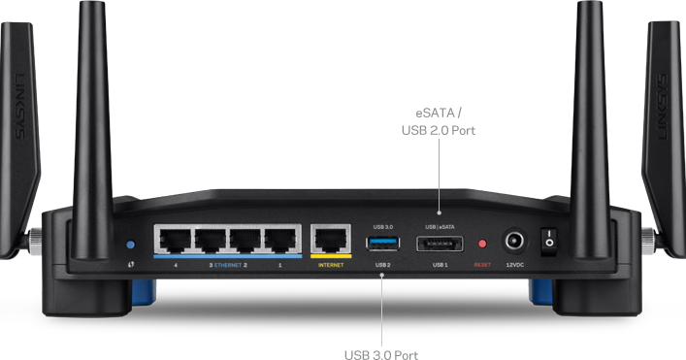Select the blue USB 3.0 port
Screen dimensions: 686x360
pyautogui.click(x=382, y=242)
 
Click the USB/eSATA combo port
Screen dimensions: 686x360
pyautogui.click(x=440, y=243)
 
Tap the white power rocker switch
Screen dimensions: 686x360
pyautogui.click(x=549, y=241)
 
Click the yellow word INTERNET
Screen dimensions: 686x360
pyautogui.click(x=332, y=264)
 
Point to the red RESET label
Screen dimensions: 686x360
pyautogui.click(x=482, y=264)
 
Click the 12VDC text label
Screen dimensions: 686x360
pyautogui.click(x=515, y=264)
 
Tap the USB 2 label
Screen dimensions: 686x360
pyautogui.click(x=382, y=264)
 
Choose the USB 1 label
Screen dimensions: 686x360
pyautogui.click(x=440, y=264)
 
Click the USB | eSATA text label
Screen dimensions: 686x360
pyautogui.click(x=440, y=226)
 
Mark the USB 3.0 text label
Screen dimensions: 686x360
pyautogui.click(x=382, y=226)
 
